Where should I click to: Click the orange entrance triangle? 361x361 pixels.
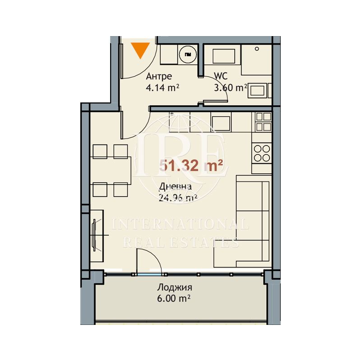(x=140, y=50)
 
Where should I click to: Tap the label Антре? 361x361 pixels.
(x=159, y=76)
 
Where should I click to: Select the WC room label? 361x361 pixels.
(x=221, y=76)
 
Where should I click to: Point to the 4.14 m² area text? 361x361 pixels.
(x=162, y=88)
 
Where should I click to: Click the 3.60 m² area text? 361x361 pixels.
(x=231, y=88)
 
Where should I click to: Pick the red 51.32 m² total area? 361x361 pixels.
(x=191, y=166)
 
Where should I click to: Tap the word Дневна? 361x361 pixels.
(x=175, y=186)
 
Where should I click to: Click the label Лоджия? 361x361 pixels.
(x=175, y=287)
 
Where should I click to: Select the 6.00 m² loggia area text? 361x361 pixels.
(x=174, y=299)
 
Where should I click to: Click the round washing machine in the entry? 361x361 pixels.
(x=188, y=55)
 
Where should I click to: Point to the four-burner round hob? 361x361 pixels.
(x=262, y=153)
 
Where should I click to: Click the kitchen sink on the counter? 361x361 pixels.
(x=221, y=123)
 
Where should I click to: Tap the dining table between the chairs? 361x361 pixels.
(x=110, y=171)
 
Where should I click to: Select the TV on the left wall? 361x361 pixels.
(x=94, y=235)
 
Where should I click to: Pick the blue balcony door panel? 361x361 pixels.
(x=149, y=274)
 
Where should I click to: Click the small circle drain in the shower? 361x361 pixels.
(x=257, y=49)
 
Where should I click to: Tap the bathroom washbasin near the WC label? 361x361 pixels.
(x=224, y=56)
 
